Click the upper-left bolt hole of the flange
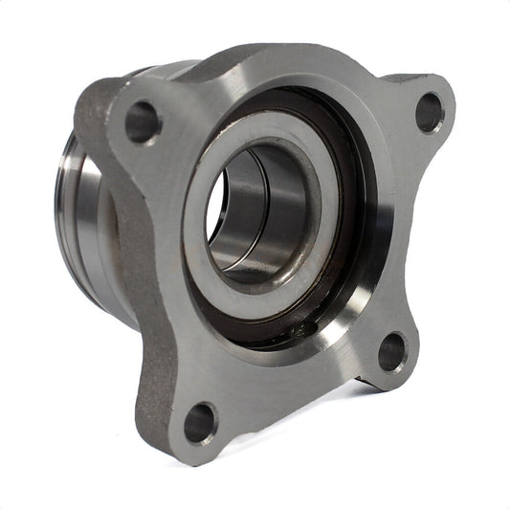click(142, 122)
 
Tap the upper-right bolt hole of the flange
click(429, 113)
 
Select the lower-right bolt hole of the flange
click(391, 352)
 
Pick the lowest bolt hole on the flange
click(199, 422)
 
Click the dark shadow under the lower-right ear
click(368, 388)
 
